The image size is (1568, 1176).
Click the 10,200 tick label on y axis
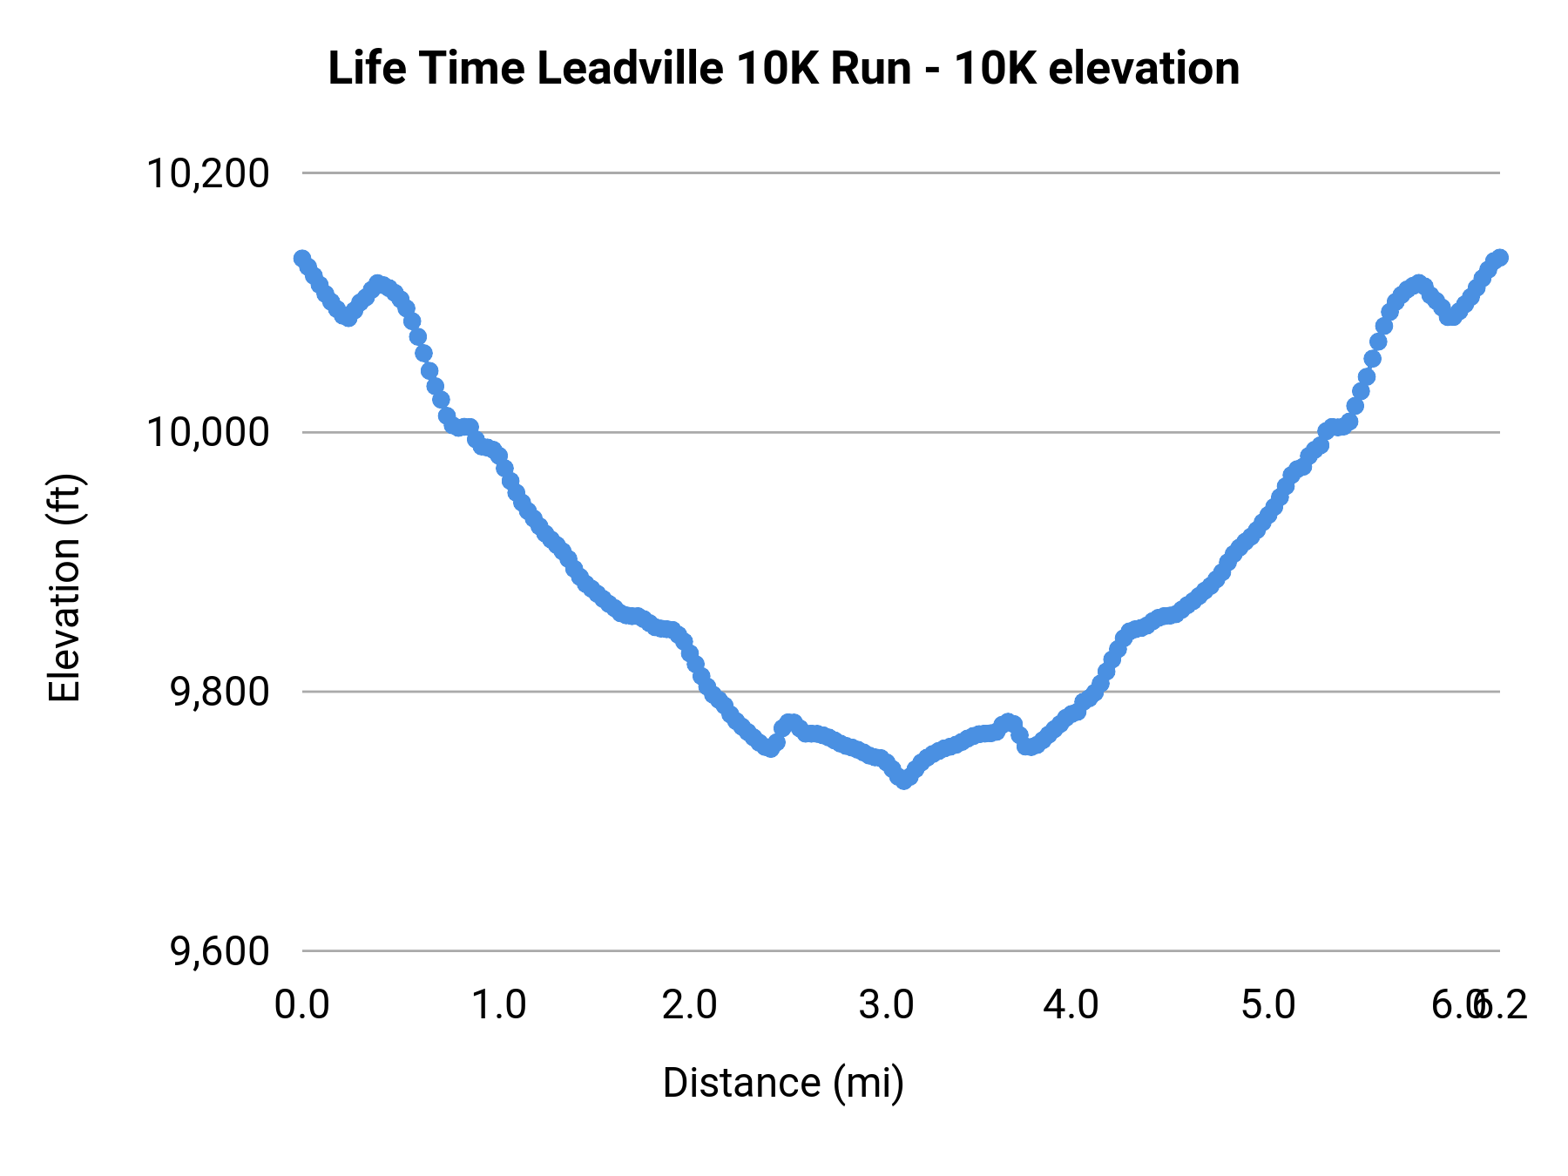pos(206,173)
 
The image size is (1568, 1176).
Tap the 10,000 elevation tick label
pos(206,432)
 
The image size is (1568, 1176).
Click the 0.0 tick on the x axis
pos(301,1005)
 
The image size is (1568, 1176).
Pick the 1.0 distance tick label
pos(498,1005)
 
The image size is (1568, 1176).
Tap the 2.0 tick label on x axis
pos(689,1005)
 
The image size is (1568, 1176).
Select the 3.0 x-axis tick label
pos(886,1005)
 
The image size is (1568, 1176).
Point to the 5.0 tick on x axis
pos(1268,1005)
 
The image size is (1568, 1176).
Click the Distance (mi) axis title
pos(783,1083)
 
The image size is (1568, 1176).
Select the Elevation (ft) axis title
pos(64,588)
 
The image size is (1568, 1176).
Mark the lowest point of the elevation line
pos(904,781)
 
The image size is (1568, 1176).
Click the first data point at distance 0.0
pos(302,258)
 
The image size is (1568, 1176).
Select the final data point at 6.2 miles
pos(1500,257)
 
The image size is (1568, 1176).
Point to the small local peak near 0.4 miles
pos(377,283)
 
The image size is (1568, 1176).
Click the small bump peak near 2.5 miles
pos(790,722)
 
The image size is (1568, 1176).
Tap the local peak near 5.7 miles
pos(1419,282)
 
